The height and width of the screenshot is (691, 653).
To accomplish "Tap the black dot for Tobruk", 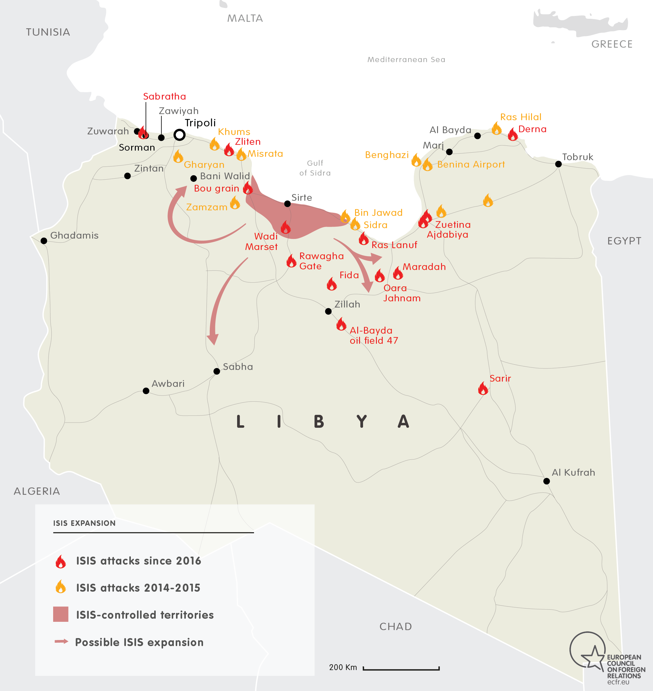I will pos(558,164).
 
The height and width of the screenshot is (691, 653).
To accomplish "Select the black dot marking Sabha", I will pos(217,371).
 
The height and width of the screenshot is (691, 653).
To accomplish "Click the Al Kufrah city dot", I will pos(546,481).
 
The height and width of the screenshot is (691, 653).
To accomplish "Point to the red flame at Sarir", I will pos(483,388).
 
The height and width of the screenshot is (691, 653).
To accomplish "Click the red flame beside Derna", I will pos(512,134).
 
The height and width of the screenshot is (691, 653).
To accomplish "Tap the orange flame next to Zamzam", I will pos(235,203).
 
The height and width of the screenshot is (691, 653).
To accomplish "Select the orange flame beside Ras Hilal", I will pos(496,129).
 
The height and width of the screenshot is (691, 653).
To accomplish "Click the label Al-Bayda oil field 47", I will pos(373,335).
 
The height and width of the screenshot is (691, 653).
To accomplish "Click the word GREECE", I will pos(612,44).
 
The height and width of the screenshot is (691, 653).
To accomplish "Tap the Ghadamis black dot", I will pos(44,241).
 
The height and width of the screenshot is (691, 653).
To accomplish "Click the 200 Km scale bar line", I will pos(401,669).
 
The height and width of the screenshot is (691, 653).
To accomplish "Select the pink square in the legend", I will pos(61,614).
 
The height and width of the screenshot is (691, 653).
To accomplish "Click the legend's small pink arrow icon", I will pos(61,641).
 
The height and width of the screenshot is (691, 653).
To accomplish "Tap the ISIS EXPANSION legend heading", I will pos(84,523).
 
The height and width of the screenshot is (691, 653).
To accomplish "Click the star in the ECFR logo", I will pos(593,657).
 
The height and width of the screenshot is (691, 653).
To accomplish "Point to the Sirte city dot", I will pos(287,204).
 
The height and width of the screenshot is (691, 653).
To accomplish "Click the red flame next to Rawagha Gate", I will pos(291,261).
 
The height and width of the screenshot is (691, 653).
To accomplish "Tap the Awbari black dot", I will pos(146,391).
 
